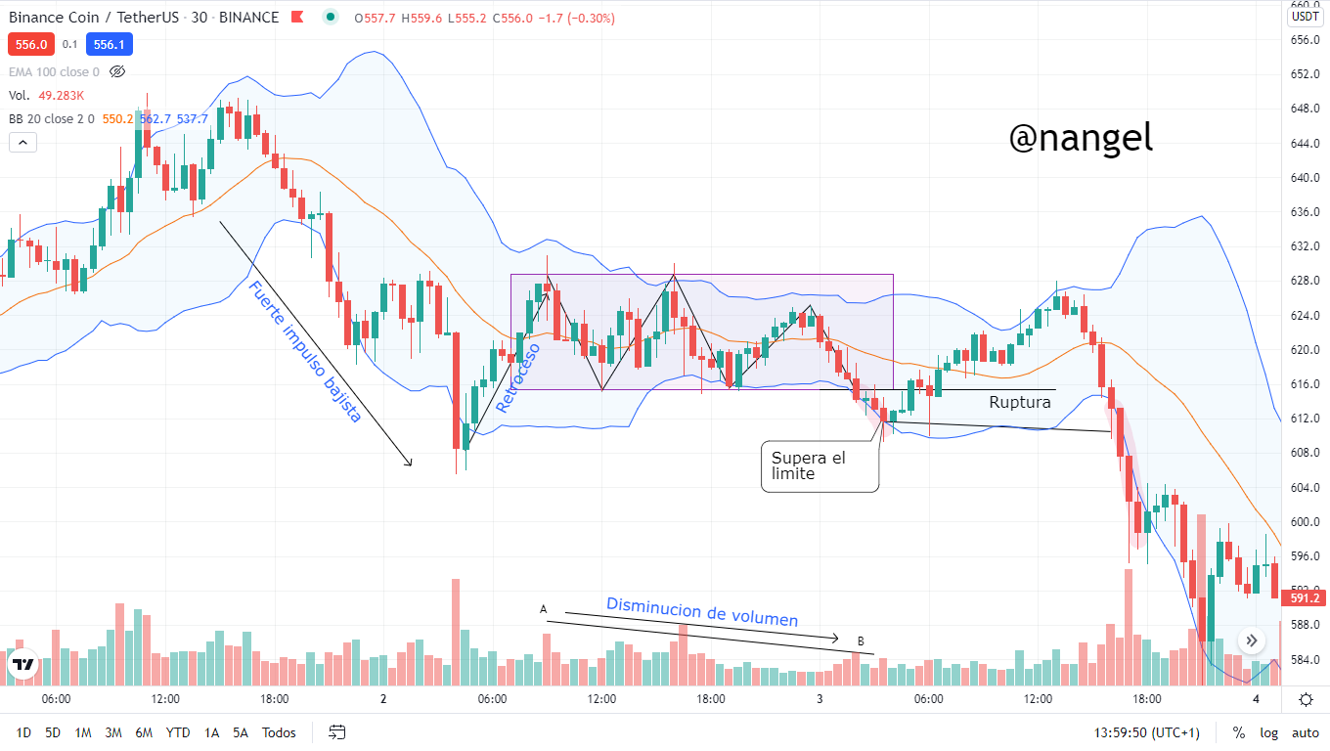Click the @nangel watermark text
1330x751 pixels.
[1081, 139]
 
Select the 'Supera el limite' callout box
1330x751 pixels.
[820, 465]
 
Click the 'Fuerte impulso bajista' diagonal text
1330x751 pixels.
[304, 352]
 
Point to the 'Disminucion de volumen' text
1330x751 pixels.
[702, 611]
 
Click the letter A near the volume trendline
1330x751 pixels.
[544, 609]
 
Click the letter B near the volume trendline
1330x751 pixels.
[861, 641]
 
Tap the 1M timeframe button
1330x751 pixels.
[83, 732]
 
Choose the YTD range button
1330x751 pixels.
[178, 732]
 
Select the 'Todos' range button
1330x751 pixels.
[279, 732]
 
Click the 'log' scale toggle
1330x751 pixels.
[1268, 732]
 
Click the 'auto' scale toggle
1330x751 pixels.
[1306, 732]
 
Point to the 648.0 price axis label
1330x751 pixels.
[1306, 109]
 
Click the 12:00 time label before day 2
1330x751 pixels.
[165, 699]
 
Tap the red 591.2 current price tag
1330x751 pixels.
[1306, 597]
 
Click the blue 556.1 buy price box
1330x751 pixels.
[109, 44]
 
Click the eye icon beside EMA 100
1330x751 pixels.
[117, 71]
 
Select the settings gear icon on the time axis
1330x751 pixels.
[1306, 699]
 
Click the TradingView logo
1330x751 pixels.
[22, 665]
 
